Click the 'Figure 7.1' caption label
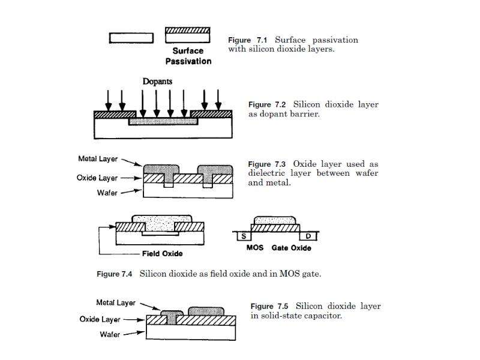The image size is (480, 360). point(247,40)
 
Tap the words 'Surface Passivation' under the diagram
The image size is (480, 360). point(188,56)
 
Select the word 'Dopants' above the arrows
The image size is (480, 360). point(157,82)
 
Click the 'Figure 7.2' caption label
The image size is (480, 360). point(267,104)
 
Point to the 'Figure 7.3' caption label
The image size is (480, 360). point(266,164)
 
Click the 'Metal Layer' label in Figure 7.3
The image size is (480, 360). point(98,159)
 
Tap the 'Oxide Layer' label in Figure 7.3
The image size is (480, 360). point(97,178)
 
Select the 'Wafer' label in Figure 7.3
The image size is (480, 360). point(107,193)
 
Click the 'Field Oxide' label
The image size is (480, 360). point(162,254)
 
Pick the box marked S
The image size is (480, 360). point(244,236)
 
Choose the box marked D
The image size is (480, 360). point(308,236)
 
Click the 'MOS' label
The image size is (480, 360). point(255,248)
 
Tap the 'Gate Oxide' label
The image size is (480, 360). point(292,248)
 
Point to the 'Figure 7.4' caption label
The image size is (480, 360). point(114,274)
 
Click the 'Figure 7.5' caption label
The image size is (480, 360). point(269,307)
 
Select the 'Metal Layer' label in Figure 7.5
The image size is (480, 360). point(116,303)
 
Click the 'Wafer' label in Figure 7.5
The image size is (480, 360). point(110,334)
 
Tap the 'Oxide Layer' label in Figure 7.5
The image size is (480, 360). point(100,319)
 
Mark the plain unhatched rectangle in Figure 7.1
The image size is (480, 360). point(131,38)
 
